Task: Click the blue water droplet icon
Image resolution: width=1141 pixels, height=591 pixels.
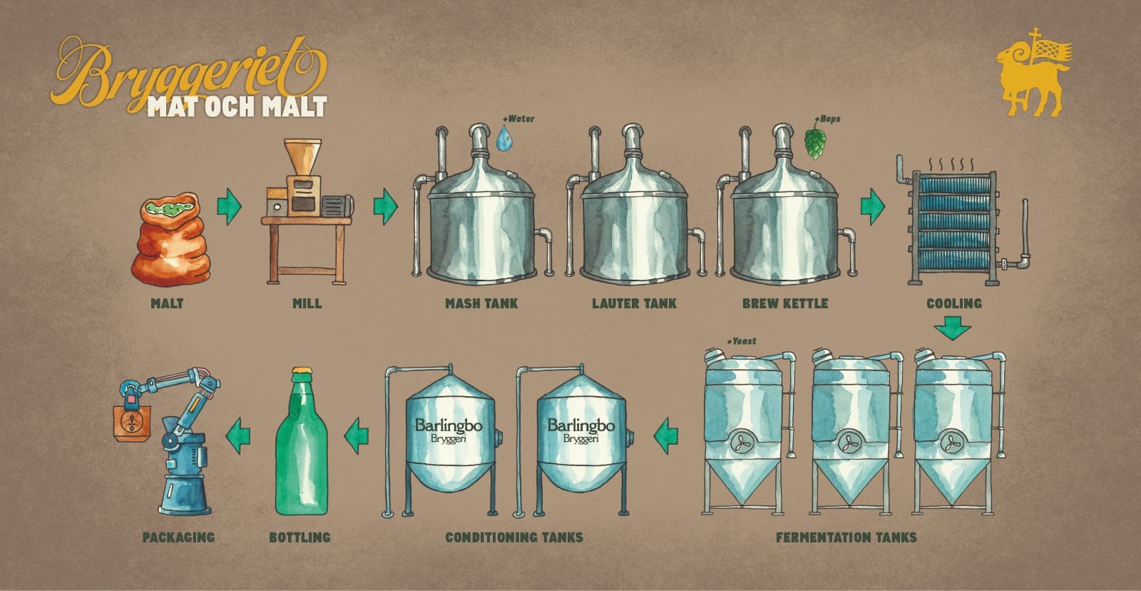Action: pyautogui.click(x=504, y=138)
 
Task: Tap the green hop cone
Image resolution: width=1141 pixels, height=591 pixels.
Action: pyautogui.click(x=815, y=143)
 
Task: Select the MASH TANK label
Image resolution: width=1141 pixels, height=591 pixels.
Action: pyautogui.click(x=481, y=303)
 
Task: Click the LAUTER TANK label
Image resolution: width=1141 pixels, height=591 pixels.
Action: pyautogui.click(x=634, y=303)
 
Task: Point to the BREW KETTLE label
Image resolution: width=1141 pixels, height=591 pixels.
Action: pyautogui.click(x=785, y=303)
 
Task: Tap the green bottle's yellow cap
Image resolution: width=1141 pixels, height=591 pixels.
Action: pyautogui.click(x=302, y=371)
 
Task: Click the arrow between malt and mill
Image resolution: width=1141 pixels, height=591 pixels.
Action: pyautogui.click(x=229, y=206)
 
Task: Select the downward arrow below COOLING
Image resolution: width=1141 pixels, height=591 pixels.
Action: pyautogui.click(x=953, y=328)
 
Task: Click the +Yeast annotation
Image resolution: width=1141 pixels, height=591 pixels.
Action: pyautogui.click(x=741, y=341)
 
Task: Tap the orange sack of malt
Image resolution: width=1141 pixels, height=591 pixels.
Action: pyautogui.click(x=170, y=240)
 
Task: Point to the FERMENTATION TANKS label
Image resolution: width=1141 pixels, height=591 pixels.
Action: pyautogui.click(x=846, y=537)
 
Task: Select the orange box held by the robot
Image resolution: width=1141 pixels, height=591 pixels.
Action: pyautogui.click(x=132, y=423)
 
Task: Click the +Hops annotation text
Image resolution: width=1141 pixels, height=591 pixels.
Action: pyautogui.click(x=827, y=118)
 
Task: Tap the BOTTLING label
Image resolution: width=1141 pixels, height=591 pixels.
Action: pyautogui.click(x=300, y=537)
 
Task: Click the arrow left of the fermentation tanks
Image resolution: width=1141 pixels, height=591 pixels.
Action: pyautogui.click(x=666, y=435)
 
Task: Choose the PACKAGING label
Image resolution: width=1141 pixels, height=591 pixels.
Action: pyautogui.click(x=178, y=537)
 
